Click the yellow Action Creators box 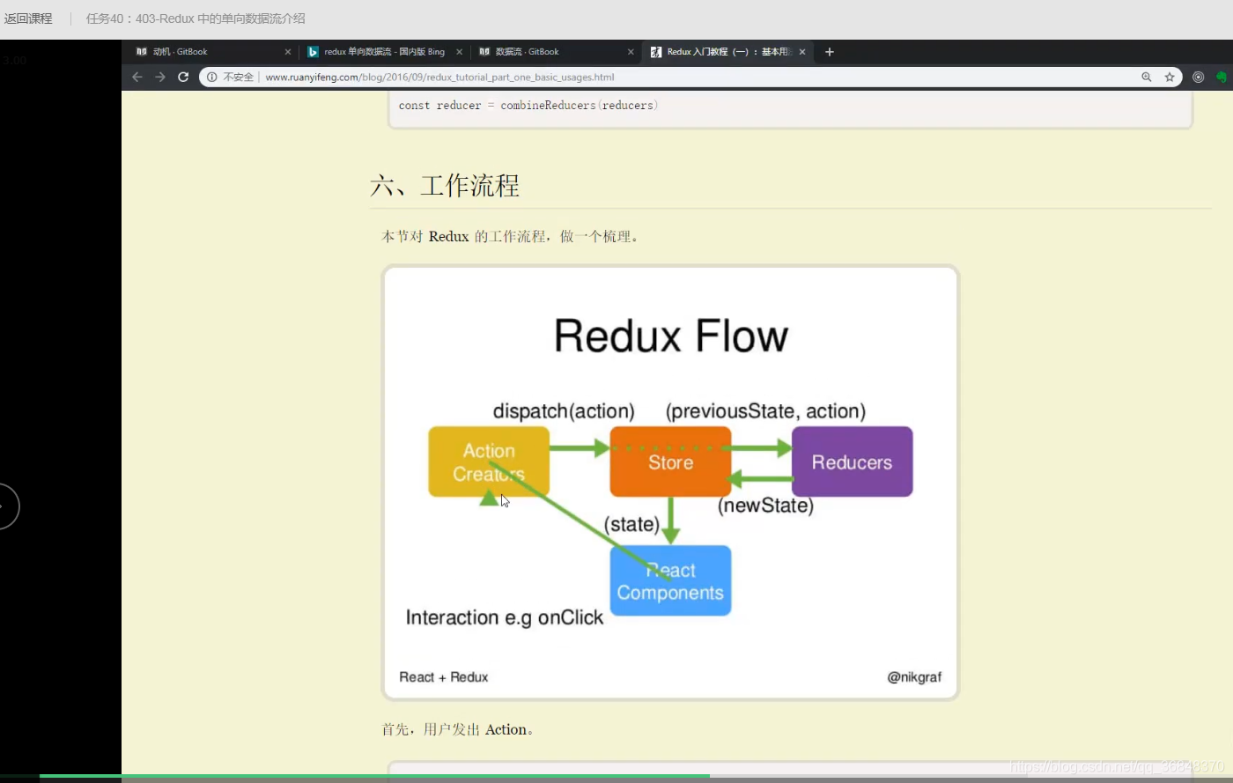(x=489, y=462)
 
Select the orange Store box (x=670, y=462)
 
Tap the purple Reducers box (x=852, y=462)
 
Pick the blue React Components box (x=670, y=581)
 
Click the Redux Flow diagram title (x=670, y=336)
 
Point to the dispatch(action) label (x=564, y=411)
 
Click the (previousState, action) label (x=765, y=411)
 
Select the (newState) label (x=765, y=506)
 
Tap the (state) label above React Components (x=631, y=524)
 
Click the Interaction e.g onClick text (x=504, y=617)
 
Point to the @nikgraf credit (x=914, y=676)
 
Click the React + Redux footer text (x=443, y=676)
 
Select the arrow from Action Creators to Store (x=580, y=448)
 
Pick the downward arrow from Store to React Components (x=670, y=521)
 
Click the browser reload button (x=183, y=77)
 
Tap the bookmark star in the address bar (x=1170, y=77)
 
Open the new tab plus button (x=829, y=52)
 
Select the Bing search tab (x=384, y=52)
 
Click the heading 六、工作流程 (x=445, y=186)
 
